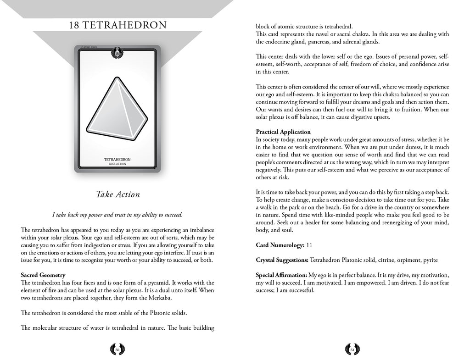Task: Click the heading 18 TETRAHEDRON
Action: (x=117, y=24)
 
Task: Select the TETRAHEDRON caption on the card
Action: (x=117, y=159)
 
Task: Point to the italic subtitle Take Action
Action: (x=117, y=194)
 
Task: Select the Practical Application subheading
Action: (x=283, y=132)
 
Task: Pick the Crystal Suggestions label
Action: (x=282, y=260)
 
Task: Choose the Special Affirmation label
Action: (x=281, y=275)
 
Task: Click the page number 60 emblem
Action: (x=117, y=349)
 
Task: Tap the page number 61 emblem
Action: (x=352, y=349)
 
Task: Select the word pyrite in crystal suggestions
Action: (x=429, y=260)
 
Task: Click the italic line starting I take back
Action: (x=117, y=214)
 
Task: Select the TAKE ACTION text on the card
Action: (x=117, y=164)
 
